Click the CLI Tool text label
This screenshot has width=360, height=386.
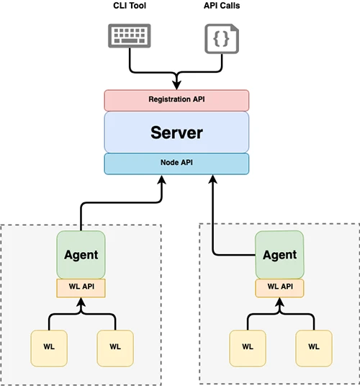coord(131,6)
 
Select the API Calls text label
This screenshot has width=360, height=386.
coord(223,6)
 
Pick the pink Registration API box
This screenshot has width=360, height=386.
coord(176,99)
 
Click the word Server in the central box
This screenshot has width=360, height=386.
coord(176,133)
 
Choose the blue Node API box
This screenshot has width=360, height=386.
coord(176,163)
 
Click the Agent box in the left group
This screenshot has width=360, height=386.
coord(81,254)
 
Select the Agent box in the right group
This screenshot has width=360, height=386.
coord(279,254)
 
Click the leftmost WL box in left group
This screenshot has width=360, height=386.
coord(48,346)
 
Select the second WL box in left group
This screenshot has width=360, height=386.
coord(114,346)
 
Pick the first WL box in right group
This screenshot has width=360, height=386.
coord(247,346)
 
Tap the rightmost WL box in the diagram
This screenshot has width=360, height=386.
coord(313,346)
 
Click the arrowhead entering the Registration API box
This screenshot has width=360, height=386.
coord(176,85)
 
